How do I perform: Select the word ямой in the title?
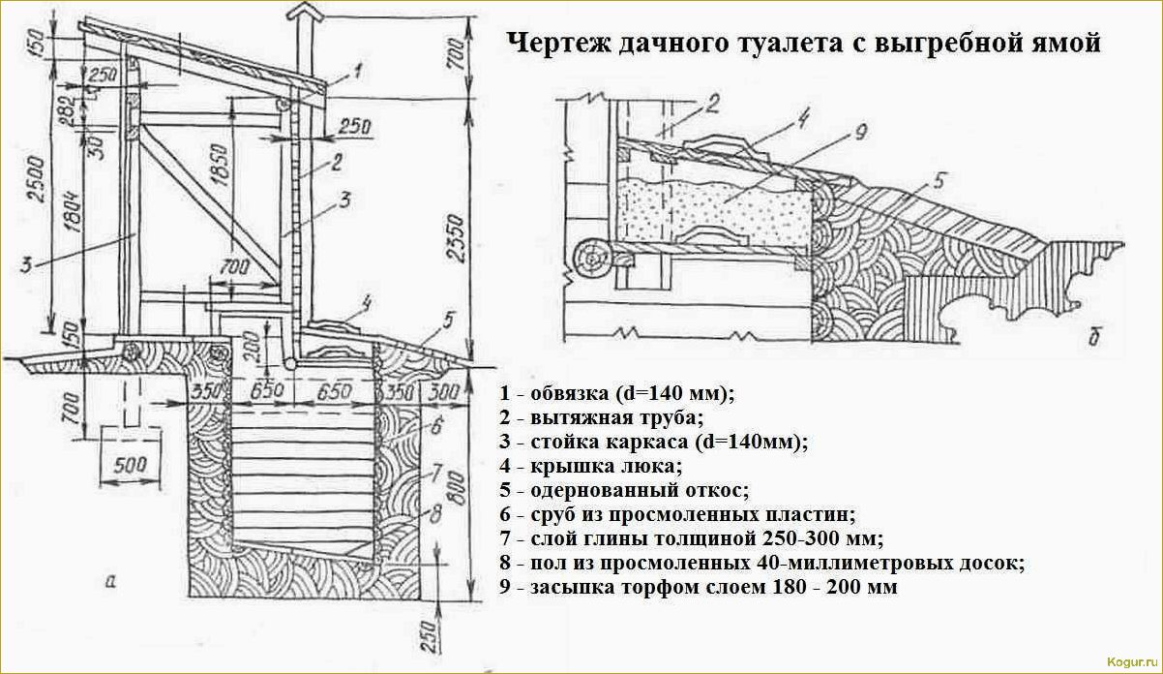click(1062, 44)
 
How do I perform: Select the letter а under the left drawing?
click(109, 582)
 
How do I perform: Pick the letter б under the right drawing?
click(1093, 337)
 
